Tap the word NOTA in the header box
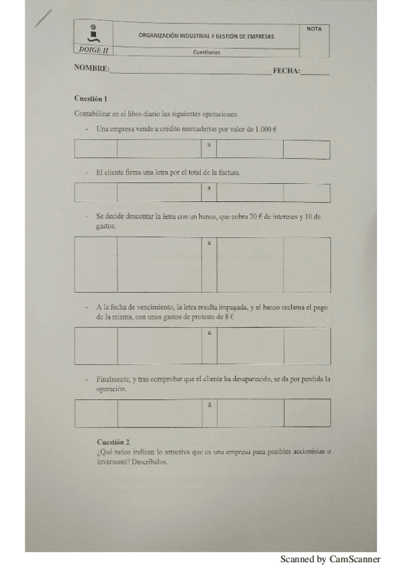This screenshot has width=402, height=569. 313,28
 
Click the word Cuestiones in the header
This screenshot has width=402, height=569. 206,52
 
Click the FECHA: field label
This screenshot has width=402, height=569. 286,70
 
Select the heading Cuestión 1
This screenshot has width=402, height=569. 91,99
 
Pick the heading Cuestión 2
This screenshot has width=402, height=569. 113,442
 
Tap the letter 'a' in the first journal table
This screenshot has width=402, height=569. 209,145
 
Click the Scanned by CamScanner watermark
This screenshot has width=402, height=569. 330,559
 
